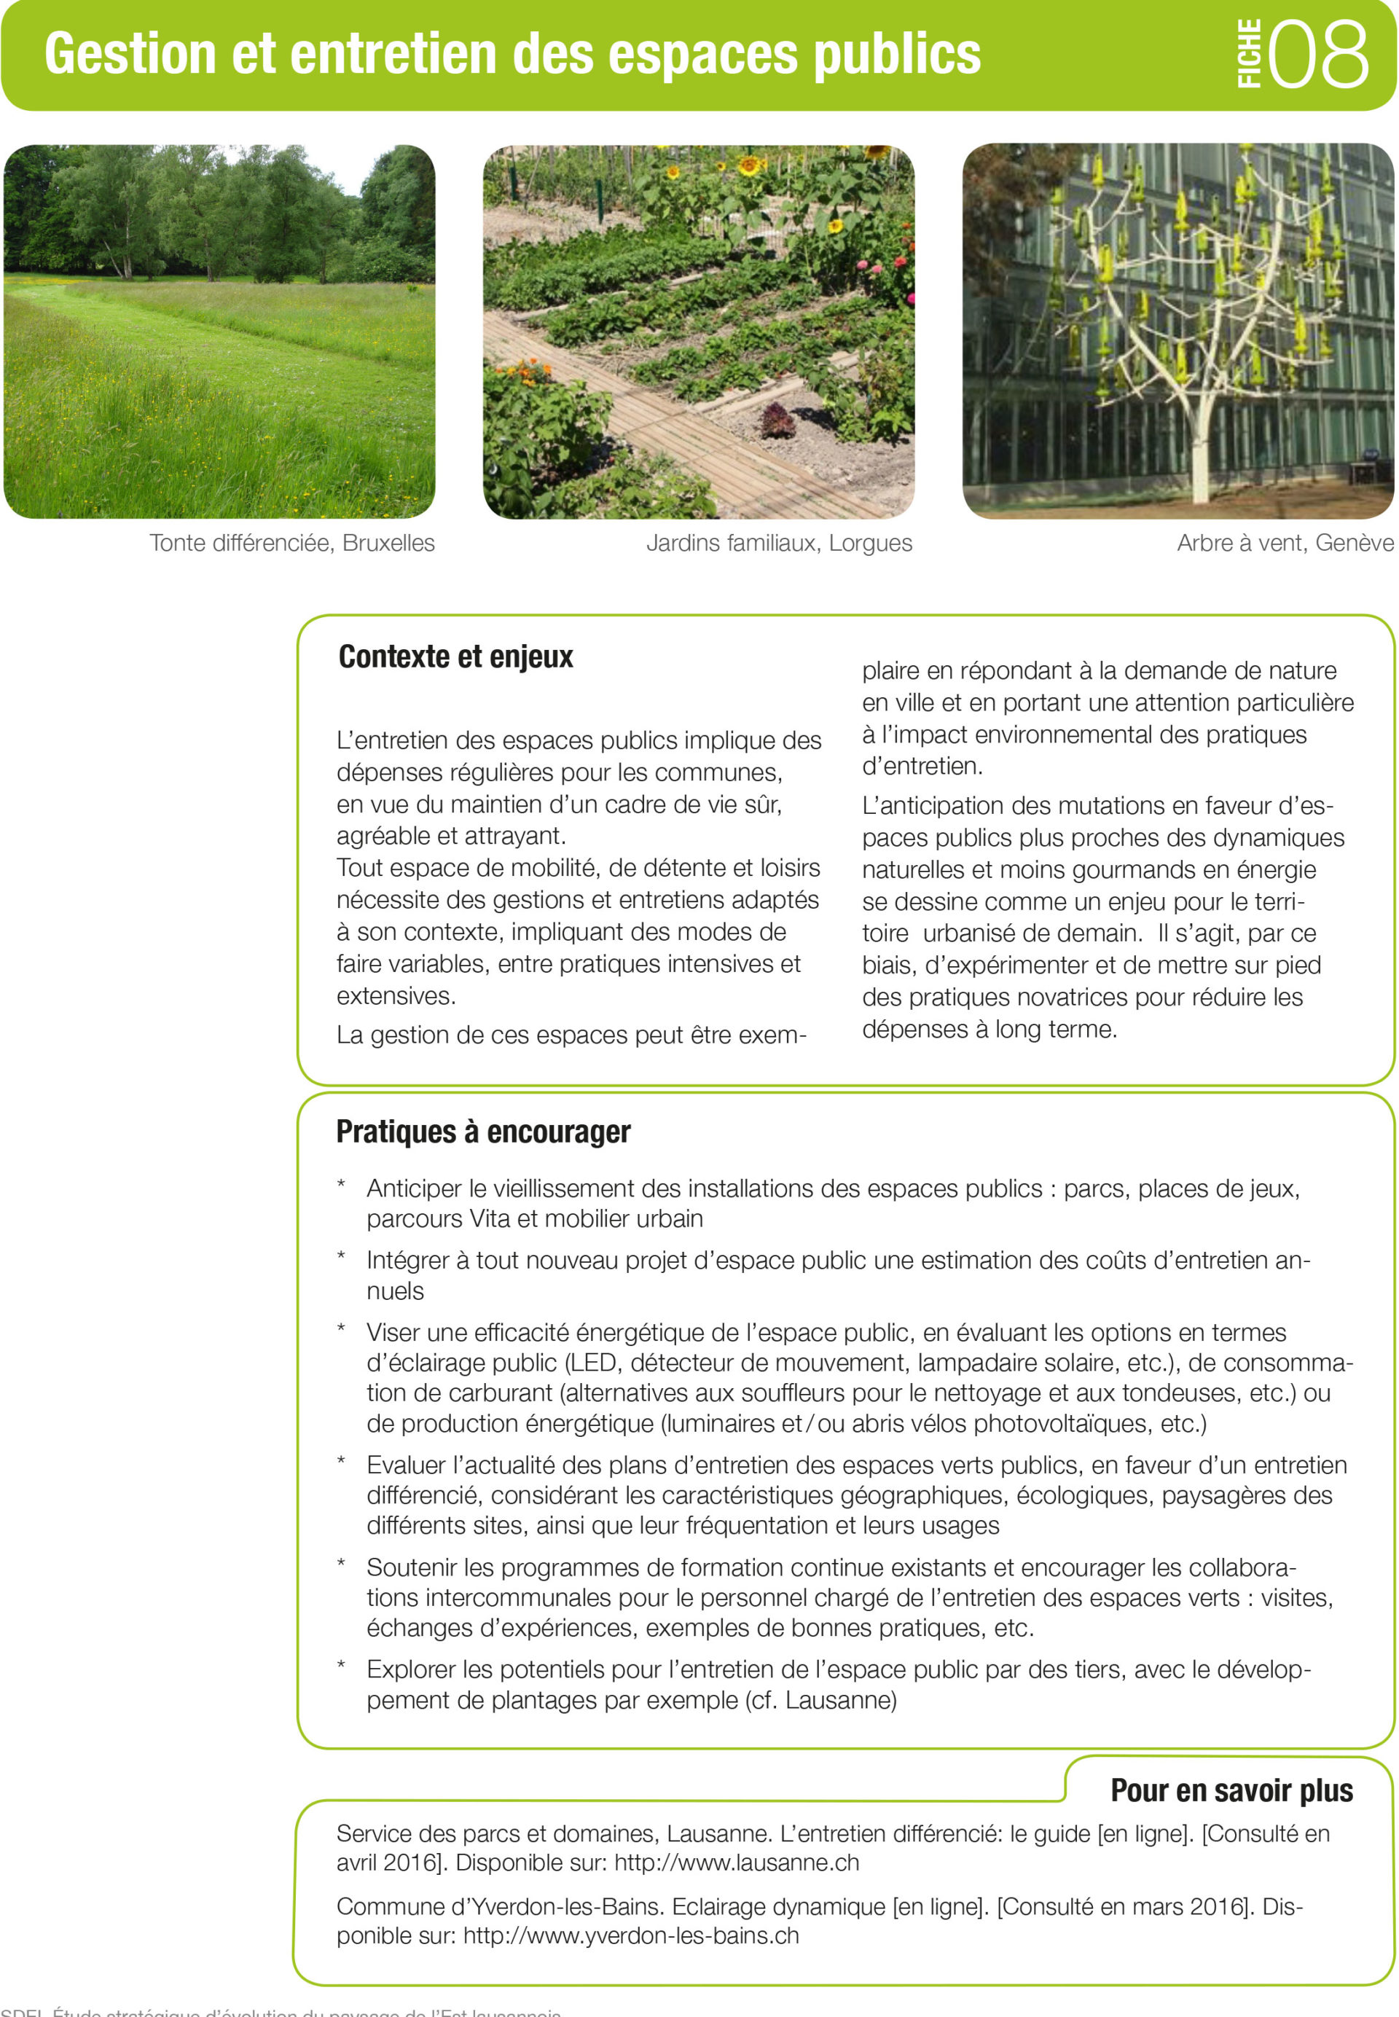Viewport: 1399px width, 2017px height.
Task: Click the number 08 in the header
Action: (x=1317, y=55)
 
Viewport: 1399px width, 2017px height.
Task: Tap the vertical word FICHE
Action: (x=1249, y=55)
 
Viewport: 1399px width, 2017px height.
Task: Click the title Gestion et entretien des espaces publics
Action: (x=512, y=55)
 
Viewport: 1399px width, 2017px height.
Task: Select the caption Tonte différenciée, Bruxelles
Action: (x=292, y=544)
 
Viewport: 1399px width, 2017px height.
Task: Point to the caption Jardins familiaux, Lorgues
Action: (x=778, y=544)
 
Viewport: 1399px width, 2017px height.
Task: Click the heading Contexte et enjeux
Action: (x=456, y=657)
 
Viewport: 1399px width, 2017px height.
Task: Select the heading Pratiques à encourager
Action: (x=483, y=1132)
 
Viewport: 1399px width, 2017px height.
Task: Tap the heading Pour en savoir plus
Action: (x=1231, y=1791)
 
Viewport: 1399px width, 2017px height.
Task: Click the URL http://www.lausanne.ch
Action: (x=737, y=1863)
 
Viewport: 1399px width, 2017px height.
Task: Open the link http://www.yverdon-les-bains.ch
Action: (x=631, y=1935)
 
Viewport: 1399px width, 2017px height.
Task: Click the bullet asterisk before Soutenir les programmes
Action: (x=341, y=1564)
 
